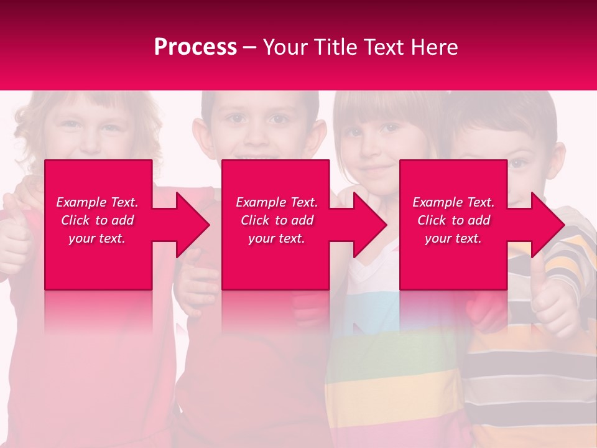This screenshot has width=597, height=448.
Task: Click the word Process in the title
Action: click(x=195, y=47)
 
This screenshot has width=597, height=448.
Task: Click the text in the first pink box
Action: click(x=97, y=220)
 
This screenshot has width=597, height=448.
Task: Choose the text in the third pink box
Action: click(x=453, y=220)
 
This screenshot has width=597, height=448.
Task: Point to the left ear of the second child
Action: click(x=200, y=137)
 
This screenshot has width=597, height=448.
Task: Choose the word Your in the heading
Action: click(x=285, y=47)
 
